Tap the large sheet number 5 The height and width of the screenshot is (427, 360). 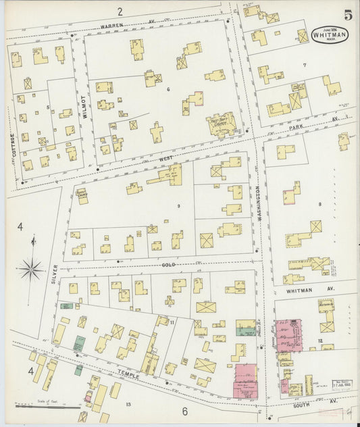(x=346, y=15)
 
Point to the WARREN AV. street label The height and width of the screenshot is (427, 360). (x=128, y=24)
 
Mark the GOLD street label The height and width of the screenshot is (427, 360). (x=168, y=265)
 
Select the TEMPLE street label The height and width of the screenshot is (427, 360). (x=129, y=372)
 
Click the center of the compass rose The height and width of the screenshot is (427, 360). (x=30, y=270)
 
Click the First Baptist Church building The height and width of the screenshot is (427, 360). (x=221, y=124)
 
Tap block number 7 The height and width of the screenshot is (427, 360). (x=305, y=66)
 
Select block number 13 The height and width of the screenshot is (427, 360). (x=128, y=404)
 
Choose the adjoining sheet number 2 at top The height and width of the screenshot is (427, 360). (x=119, y=11)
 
